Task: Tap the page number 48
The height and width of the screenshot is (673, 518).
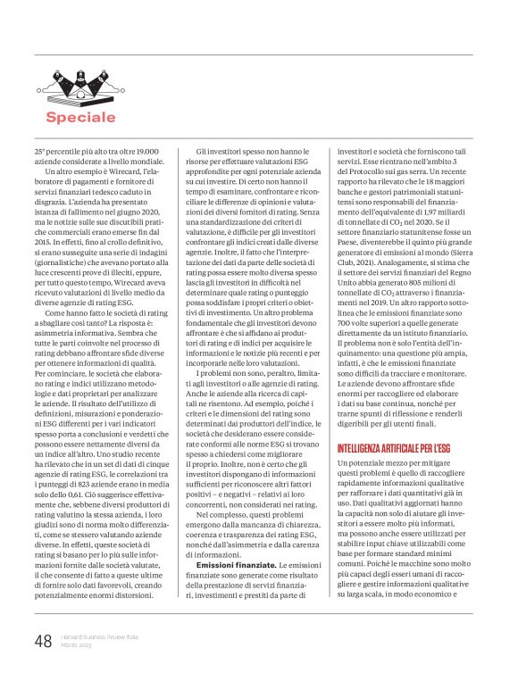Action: [43, 642]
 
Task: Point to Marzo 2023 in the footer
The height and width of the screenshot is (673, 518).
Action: [78, 646]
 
